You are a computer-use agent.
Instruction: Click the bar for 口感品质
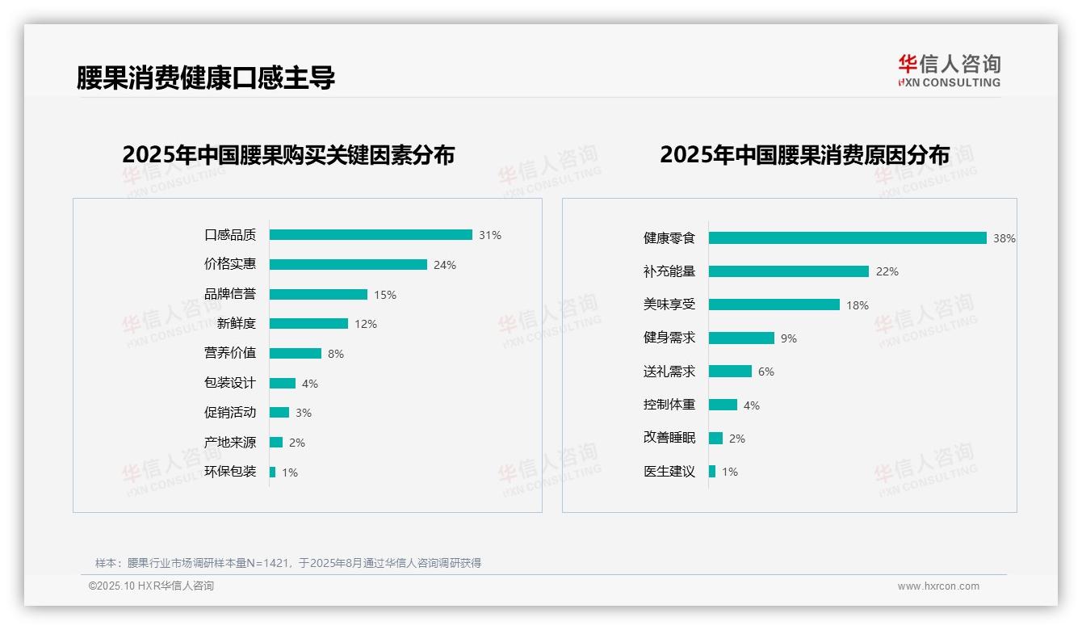click(371, 235)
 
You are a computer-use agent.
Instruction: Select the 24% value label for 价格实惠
click(445, 265)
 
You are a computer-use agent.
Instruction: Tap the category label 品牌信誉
click(230, 294)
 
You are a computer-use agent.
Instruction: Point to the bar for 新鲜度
click(308, 324)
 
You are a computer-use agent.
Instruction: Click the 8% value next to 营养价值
click(336, 354)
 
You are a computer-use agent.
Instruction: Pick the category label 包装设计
click(230, 383)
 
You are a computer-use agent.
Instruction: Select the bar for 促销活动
click(279, 413)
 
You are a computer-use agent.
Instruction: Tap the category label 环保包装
click(230, 472)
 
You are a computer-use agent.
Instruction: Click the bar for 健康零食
click(848, 238)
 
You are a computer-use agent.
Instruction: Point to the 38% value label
click(1004, 239)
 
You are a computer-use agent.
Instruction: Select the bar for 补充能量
click(789, 271)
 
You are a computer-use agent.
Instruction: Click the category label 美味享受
click(669, 304)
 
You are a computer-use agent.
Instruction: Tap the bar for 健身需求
click(741, 338)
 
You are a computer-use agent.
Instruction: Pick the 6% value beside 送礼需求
click(766, 372)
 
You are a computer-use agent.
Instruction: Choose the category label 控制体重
click(669, 405)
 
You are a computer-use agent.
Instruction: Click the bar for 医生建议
click(712, 472)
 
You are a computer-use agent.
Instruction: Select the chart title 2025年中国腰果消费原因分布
click(804, 154)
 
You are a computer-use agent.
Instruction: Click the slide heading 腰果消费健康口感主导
click(206, 78)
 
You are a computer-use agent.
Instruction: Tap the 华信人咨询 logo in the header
click(949, 70)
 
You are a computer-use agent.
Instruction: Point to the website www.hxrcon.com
click(938, 586)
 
